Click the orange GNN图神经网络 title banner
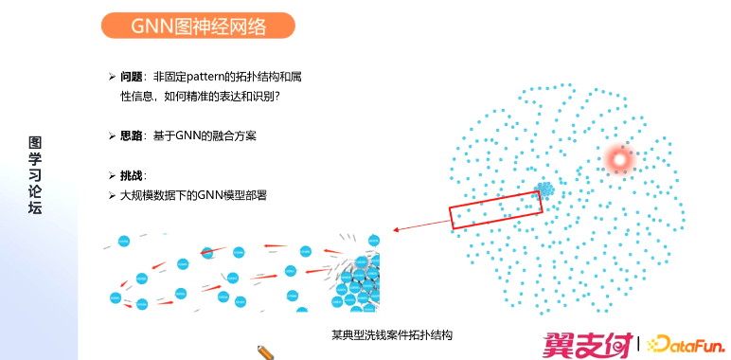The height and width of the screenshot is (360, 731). pos(198,26)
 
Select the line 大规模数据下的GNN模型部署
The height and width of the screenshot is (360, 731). pos(193,195)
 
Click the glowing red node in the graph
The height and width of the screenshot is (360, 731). pos(620,160)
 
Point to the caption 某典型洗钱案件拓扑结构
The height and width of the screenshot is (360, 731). pos(392,335)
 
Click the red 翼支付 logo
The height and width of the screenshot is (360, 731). pos(587,344)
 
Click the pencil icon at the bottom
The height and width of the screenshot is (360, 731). pos(266,351)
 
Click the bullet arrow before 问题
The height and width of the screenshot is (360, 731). pos(111,77)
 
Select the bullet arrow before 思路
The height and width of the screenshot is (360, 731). pos(111,136)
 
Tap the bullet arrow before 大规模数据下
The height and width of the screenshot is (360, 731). pos(111,195)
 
